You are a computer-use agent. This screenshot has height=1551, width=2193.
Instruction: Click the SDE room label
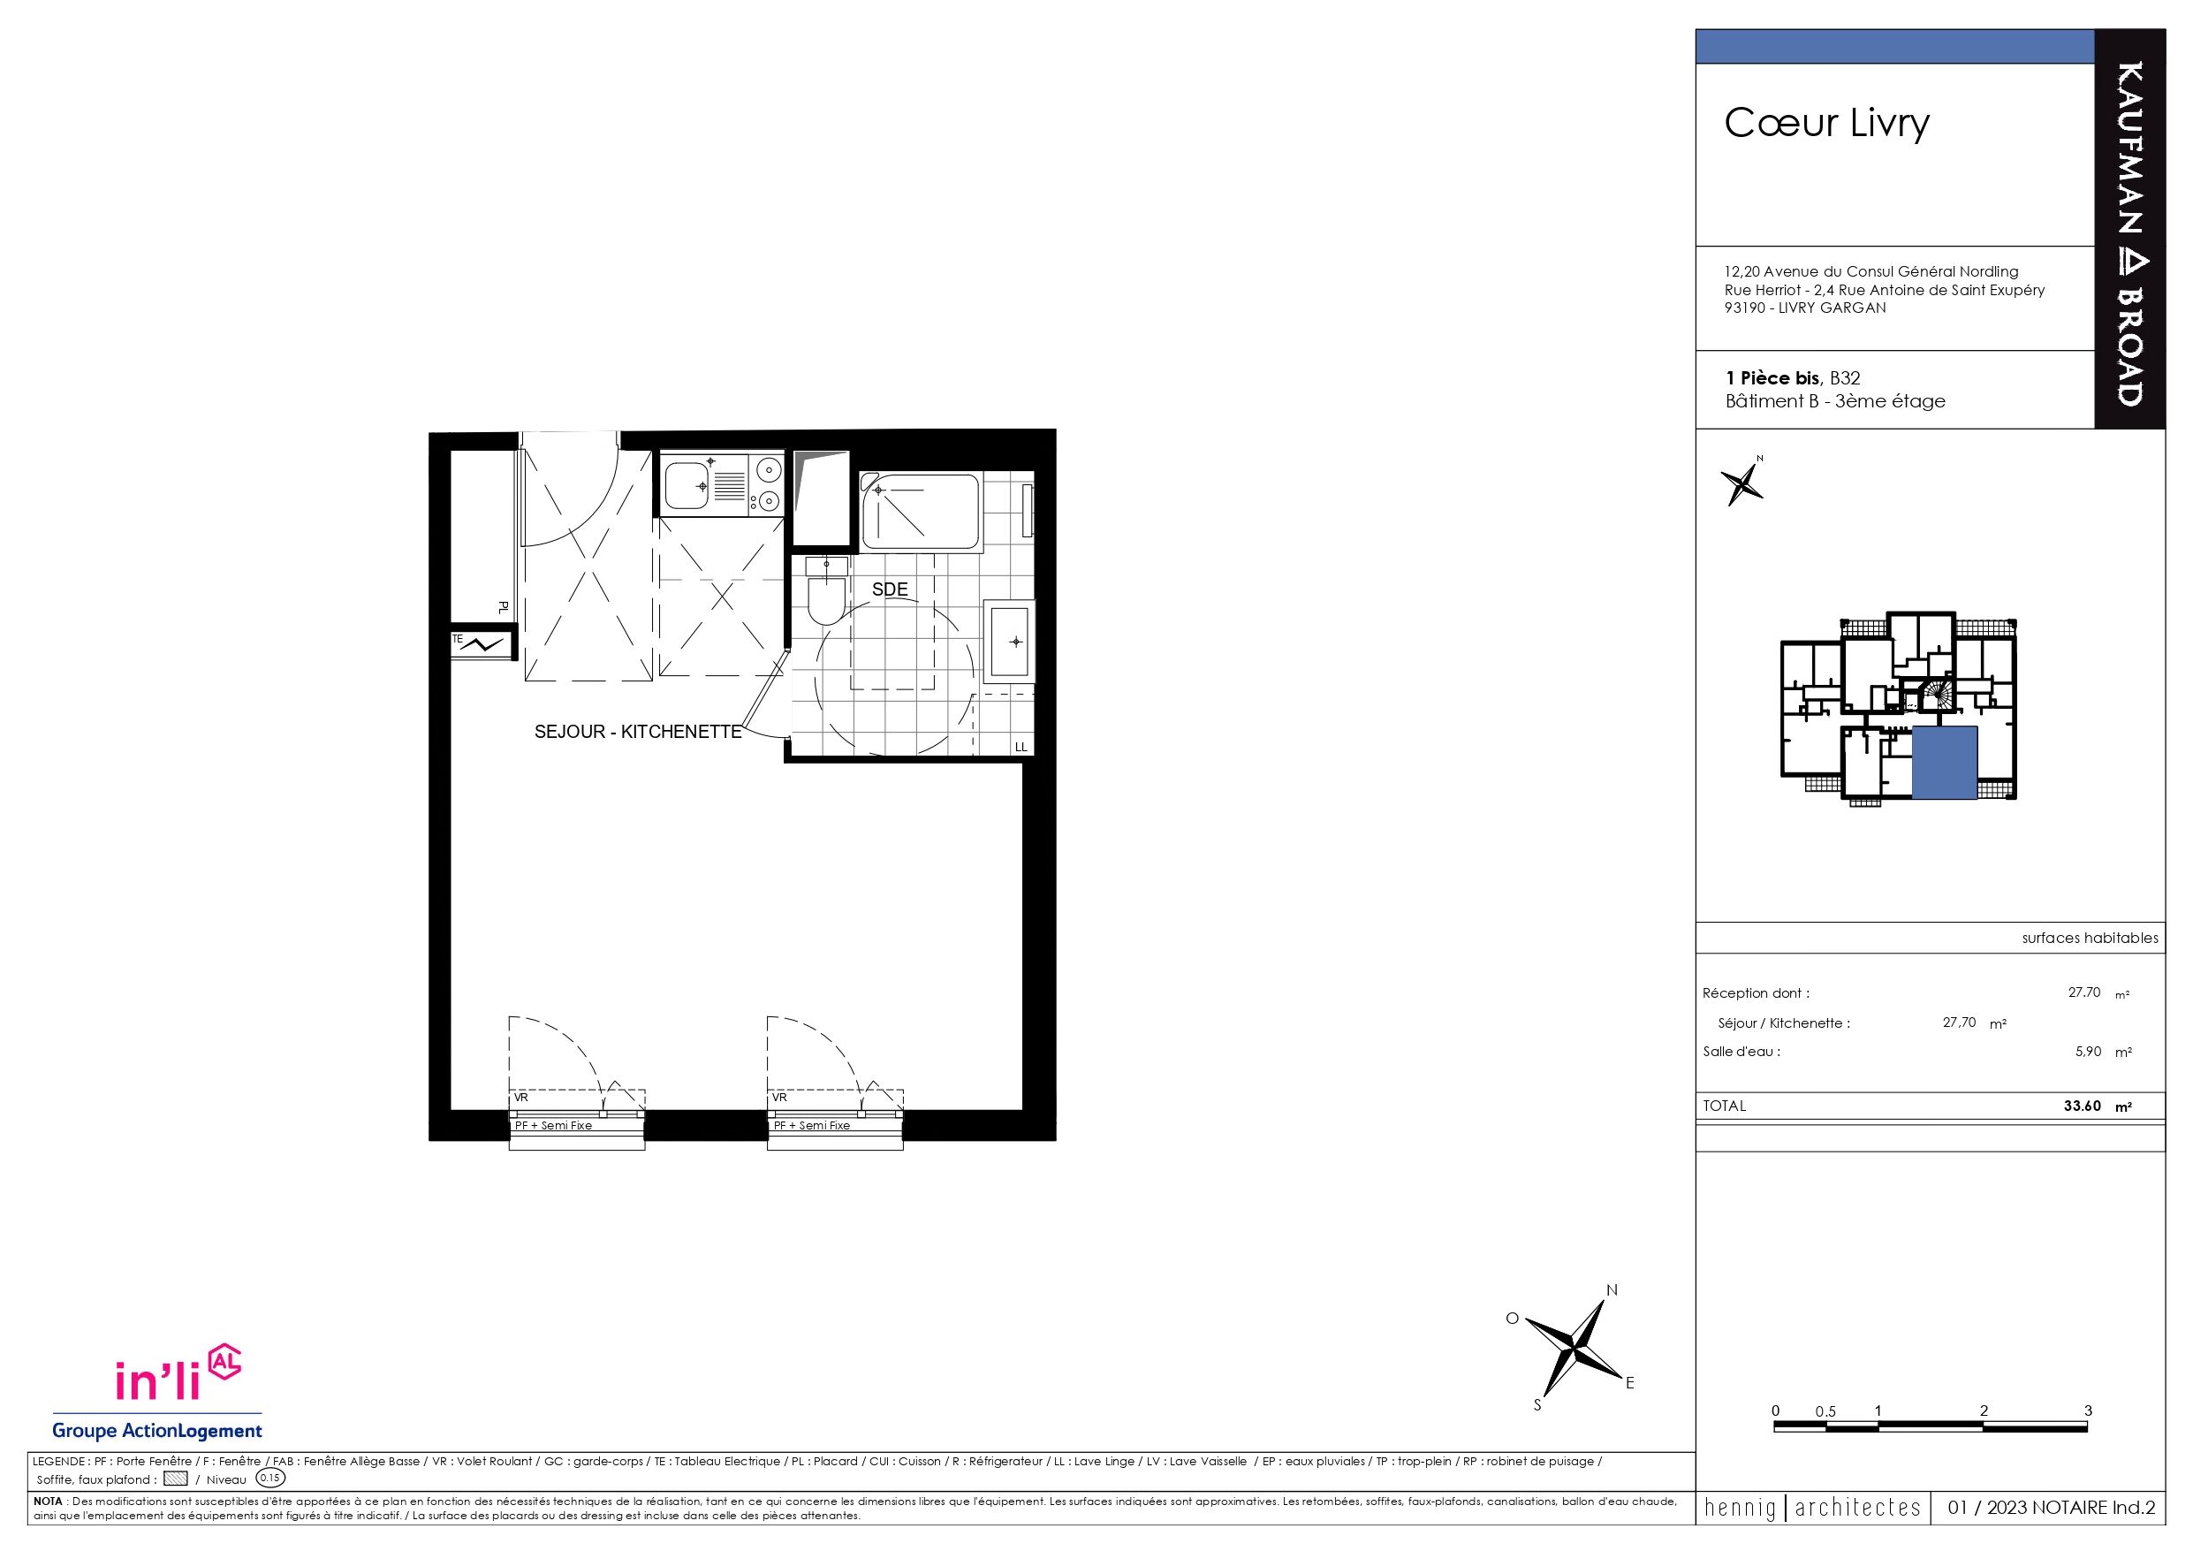[889, 589]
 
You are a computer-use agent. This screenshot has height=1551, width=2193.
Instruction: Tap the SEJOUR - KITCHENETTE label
[638, 732]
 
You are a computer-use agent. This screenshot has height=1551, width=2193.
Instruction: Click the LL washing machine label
[1021, 747]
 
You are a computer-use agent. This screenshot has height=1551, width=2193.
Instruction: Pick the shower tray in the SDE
[920, 512]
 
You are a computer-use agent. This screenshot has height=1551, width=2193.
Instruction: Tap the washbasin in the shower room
[1010, 640]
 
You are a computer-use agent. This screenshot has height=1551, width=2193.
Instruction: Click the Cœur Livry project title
[1826, 123]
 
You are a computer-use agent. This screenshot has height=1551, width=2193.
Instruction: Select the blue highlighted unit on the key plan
[1944, 762]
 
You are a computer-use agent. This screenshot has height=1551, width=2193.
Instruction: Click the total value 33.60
[2083, 1106]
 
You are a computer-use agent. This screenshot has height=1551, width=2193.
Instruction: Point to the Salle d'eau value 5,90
[2088, 1051]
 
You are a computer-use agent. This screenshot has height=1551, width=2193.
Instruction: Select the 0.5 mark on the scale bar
[1825, 1411]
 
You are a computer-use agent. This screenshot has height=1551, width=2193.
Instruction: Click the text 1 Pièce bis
[1772, 377]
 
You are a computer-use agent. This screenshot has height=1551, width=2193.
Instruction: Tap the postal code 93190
[1745, 308]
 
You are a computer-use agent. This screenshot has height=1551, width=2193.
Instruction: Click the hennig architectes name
[1813, 1508]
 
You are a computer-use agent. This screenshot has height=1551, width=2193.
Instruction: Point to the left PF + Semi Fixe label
[553, 1125]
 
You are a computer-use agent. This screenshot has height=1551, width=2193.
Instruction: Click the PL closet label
[503, 607]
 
